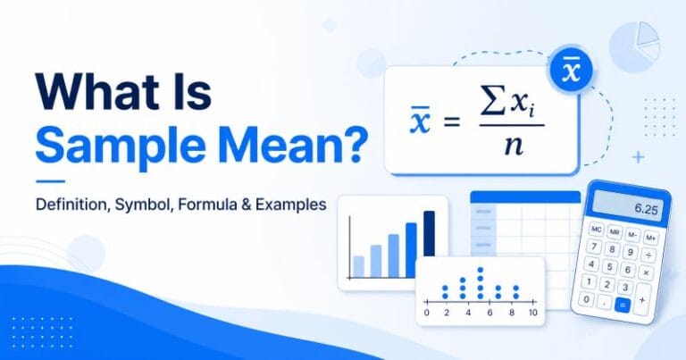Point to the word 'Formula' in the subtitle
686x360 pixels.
(x=209, y=204)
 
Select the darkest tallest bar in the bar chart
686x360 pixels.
(x=429, y=244)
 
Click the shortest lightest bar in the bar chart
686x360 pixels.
(x=358, y=266)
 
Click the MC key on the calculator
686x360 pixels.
(x=596, y=230)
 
